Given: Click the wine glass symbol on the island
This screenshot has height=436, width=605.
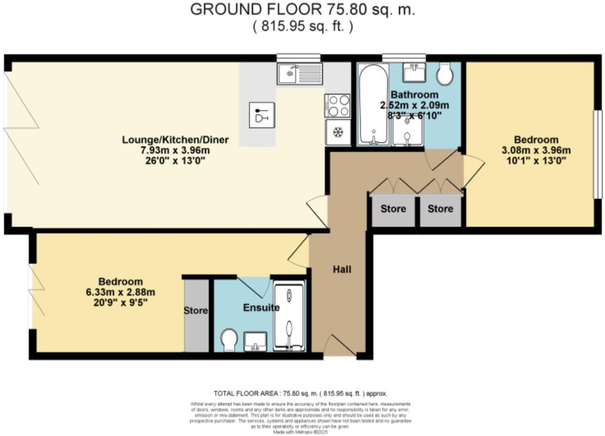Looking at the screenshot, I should [x=262, y=115].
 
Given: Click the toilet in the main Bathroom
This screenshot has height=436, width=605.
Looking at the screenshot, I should [x=445, y=74].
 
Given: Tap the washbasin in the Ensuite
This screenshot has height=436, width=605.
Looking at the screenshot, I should [x=256, y=342].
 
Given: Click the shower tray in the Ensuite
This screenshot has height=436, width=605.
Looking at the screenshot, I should [x=289, y=317].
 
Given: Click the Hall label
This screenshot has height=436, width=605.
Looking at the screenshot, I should [x=342, y=269].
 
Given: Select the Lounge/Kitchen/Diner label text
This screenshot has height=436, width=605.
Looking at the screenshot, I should [x=175, y=139].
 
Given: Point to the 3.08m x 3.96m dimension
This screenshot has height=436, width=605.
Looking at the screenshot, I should [x=536, y=150].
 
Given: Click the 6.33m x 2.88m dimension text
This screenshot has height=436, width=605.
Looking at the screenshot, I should [x=120, y=292].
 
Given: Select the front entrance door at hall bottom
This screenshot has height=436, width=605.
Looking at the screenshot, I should [x=340, y=346].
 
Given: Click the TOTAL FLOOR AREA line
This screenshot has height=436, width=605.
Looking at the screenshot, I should [x=300, y=393].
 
